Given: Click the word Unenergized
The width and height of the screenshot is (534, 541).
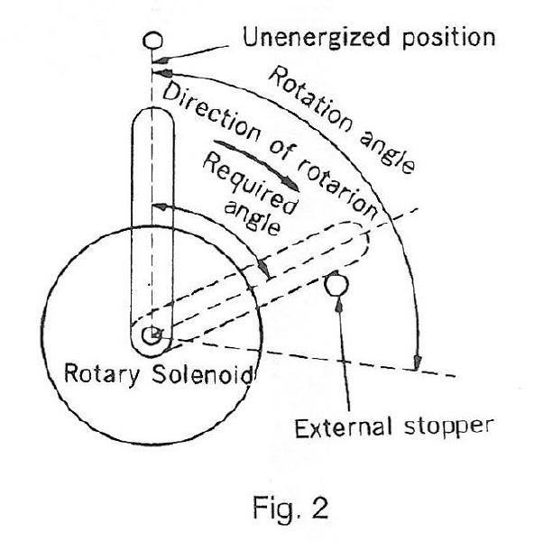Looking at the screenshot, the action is click(317, 38).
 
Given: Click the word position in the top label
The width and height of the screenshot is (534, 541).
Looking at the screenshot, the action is click(448, 39).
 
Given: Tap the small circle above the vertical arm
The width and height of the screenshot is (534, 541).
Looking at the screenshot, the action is click(152, 41).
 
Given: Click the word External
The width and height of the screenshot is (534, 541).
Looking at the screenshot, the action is click(344, 427).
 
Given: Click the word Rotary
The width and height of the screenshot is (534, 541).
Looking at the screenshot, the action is click(102, 374).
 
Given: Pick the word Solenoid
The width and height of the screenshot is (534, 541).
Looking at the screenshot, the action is click(202, 374).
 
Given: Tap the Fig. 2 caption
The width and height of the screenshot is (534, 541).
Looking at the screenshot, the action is click(290, 507).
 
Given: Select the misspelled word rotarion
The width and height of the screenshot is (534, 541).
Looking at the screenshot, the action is click(336, 189).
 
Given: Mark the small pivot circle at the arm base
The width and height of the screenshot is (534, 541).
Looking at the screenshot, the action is click(152, 335).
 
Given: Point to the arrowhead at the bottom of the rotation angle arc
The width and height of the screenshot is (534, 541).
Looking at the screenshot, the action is click(418, 362).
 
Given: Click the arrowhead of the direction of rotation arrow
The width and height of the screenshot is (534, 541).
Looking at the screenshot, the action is click(291, 184).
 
